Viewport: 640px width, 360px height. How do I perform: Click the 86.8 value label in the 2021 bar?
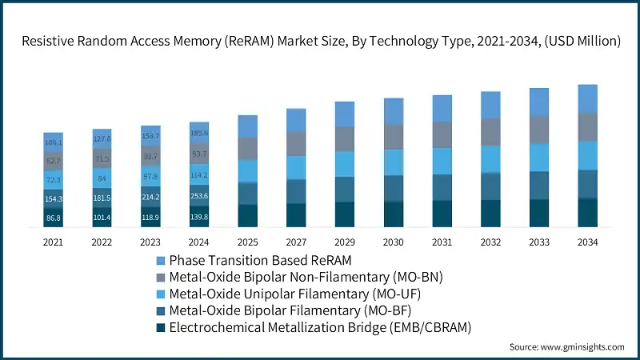click(x=54, y=218)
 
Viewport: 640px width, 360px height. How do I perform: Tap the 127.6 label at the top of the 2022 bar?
click(x=102, y=138)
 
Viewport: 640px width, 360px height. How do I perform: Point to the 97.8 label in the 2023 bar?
click(x=150, y=176)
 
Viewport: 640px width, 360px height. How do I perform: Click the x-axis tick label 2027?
click(x=296, y=242)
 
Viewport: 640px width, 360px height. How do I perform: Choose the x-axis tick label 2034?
click(x=587, y=242)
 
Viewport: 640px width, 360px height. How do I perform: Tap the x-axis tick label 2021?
click(x=54, y=242)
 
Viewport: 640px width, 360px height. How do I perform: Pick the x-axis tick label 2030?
click(x=394, y=242)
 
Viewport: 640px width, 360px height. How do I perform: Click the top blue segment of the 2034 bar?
click(x=587, y=98)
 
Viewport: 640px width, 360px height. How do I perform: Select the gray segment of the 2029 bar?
click(x=345, y=139)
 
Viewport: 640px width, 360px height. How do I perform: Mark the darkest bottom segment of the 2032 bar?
click(x=490, y=214)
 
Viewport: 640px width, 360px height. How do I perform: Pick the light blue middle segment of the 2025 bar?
click(x=248, y=171)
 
